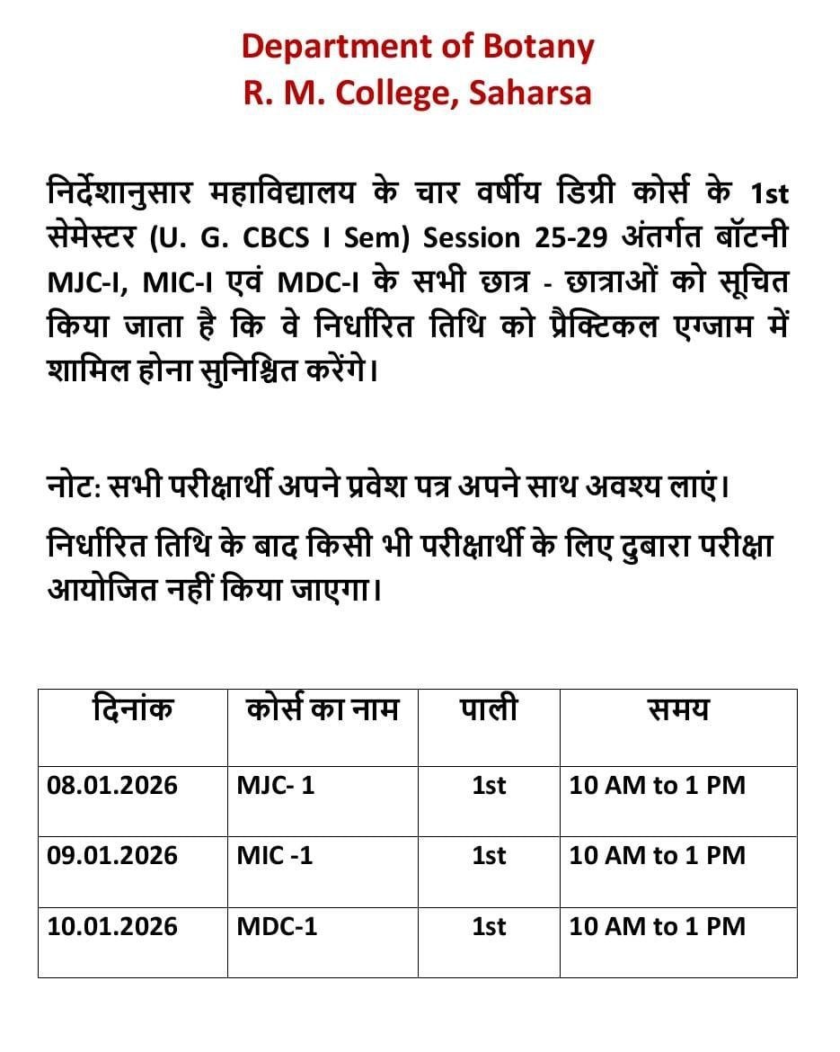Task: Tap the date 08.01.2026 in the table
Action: tap(112, 785)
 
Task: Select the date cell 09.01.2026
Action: tap(112, 855)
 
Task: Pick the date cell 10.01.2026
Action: tap(112, 926)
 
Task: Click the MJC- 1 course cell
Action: tap(276, 785)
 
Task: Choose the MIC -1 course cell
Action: tap(275, 855)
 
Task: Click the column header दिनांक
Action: tap(132, 710)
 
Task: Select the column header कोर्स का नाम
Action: tap(322, 710)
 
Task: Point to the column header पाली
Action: tap(489, 710)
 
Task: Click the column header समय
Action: tap(678, 710)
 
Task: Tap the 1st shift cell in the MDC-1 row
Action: tap(489, 926)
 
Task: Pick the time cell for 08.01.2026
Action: tap(658, 785)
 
